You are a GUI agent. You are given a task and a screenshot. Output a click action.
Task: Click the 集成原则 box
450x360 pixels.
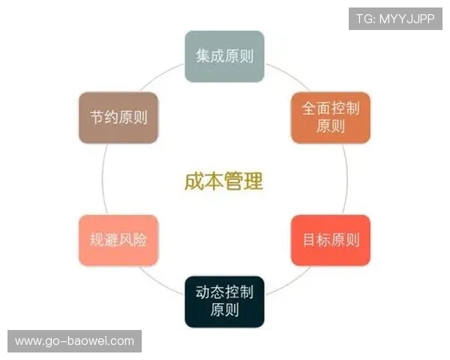[224, 55]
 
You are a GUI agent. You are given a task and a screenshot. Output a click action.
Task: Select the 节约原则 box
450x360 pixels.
[118, 118]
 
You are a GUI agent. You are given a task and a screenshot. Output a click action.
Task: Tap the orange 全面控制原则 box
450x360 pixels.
[330, 117]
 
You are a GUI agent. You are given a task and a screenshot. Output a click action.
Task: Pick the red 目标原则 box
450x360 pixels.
[330, 240]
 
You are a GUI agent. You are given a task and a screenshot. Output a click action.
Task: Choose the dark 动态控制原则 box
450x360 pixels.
[224, 301]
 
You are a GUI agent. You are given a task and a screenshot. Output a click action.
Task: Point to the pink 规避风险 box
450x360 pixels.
[118, 240]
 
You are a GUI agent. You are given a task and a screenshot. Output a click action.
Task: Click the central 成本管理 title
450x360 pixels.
[223, 181]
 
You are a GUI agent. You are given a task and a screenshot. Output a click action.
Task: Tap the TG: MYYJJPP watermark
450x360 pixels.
[395, 19]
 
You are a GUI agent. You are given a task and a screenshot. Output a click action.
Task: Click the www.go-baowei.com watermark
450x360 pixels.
[74, 341]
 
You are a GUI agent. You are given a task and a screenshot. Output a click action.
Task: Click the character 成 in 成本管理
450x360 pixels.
[194, 181]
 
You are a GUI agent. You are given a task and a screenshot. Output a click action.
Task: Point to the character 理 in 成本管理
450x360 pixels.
[253, 181]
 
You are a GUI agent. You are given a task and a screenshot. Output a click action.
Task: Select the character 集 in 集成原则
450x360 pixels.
[202, 56]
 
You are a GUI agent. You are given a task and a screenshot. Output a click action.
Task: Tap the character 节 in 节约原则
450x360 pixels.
[97, 118]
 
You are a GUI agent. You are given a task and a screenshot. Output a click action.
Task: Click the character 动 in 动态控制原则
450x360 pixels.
[202, 292]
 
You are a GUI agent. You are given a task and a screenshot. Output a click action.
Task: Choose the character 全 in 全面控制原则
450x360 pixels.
[309, 108]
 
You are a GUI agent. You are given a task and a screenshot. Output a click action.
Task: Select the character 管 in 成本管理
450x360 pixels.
[233, 181]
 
